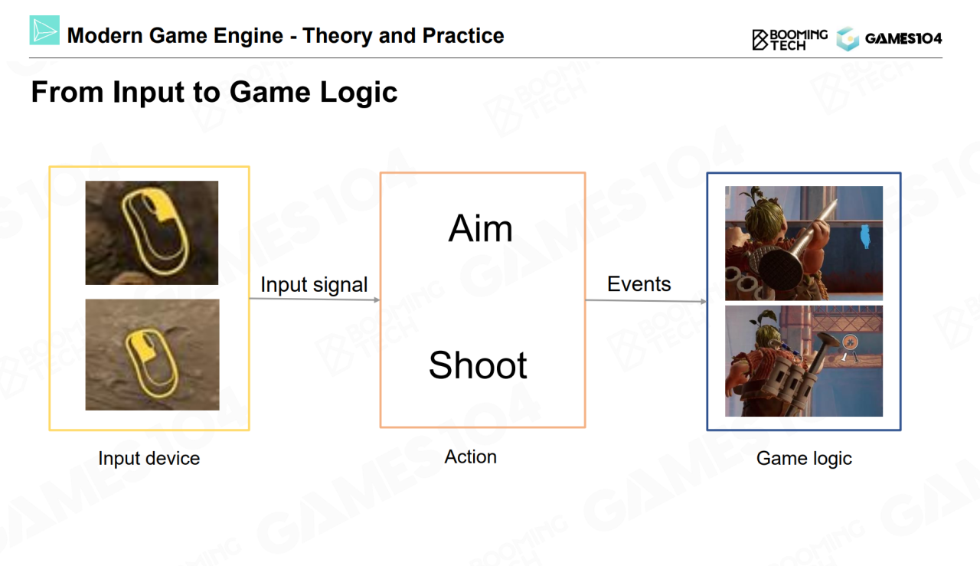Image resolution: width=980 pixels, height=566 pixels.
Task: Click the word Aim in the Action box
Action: click(480, 228)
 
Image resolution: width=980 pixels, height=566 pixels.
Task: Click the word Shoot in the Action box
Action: click(478, 365)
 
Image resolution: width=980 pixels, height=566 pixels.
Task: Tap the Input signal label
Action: click(314, 285)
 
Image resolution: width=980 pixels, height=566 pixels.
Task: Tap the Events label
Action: click(639, 283)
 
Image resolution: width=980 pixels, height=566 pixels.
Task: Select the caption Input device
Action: click(149, 458)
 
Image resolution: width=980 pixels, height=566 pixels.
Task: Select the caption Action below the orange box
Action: click(470, 456)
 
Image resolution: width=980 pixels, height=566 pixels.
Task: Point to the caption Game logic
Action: click(804, 459)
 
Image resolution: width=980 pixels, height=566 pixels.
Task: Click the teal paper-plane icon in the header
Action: click(44, 30)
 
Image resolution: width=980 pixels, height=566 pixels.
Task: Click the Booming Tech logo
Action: click(789, 40)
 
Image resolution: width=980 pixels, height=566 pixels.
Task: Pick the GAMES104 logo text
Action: click(903, 39)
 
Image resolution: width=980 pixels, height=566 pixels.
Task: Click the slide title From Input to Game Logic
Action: click(214, 92)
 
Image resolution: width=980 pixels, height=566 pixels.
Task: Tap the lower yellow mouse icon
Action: click(152, 363)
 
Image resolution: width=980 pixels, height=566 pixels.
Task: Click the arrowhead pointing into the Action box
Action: click(377, 300)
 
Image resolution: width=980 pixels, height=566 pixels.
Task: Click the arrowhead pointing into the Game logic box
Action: click(703, 301)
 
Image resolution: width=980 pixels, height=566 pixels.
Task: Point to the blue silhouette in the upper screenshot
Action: click(865, 237)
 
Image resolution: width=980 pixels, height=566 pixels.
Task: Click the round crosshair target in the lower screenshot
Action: click(850, 342)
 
